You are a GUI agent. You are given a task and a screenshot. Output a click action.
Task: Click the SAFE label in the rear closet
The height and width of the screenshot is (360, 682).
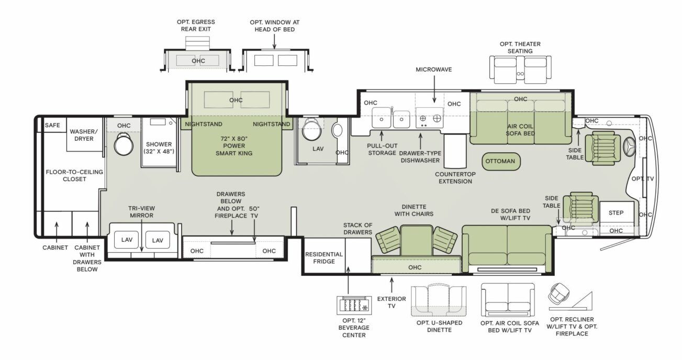[52, 125]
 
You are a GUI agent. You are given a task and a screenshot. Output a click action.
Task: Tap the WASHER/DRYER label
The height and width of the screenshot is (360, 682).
[84, 135]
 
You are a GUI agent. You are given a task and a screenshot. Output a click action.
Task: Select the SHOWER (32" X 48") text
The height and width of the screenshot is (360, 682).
[159, 148]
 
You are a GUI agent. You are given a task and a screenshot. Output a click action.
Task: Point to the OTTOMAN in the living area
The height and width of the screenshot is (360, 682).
[500, 161]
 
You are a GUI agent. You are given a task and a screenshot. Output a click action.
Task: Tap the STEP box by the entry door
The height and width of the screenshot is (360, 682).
[616, 213]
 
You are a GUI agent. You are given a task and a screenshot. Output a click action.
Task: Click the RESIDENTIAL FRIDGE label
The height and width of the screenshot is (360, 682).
[324, 258]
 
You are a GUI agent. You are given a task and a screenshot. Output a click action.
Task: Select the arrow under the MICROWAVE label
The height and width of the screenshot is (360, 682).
[434, 89]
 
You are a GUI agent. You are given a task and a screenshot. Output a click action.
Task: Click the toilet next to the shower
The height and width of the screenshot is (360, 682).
[124, 144]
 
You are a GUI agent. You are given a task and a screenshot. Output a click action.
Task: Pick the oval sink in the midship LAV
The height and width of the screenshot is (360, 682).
[337, 130]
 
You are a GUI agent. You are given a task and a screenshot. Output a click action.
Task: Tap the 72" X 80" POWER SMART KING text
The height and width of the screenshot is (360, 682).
[234, 146]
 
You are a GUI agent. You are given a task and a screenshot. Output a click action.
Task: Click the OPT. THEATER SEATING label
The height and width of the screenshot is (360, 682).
[520, 48]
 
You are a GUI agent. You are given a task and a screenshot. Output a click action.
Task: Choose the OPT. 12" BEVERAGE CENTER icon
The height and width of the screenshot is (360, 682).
[354, 305]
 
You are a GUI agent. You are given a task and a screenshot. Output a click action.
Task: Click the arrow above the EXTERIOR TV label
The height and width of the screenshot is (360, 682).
[392, 285]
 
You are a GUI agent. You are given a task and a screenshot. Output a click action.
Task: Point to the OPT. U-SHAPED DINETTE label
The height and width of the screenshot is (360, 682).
[439, 326]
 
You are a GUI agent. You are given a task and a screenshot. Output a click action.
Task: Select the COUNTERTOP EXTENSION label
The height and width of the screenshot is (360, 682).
[455, 178]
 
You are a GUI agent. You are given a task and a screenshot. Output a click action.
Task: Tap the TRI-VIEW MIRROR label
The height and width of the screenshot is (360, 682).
[141, 212]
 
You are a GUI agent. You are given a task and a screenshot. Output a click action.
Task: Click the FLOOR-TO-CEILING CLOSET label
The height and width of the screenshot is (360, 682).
[74, 176]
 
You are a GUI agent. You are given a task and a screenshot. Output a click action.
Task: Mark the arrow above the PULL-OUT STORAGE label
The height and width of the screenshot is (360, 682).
[382, 136]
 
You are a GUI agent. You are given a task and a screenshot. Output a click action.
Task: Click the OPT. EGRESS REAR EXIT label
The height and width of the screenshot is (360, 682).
[196, 26]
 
